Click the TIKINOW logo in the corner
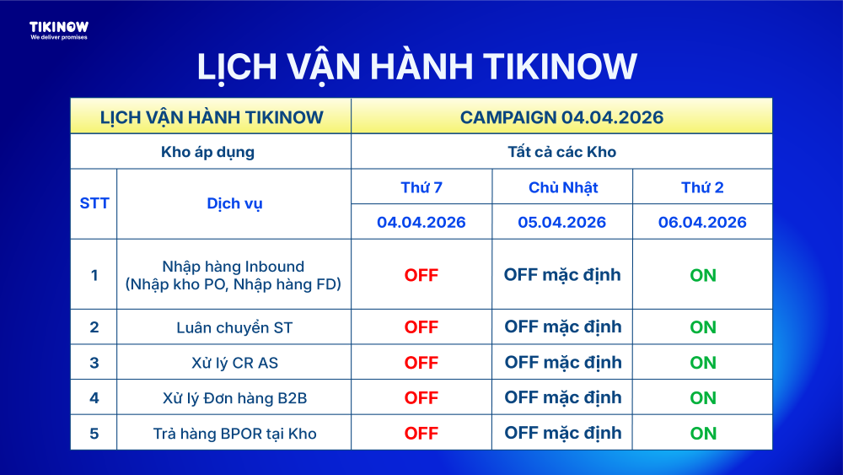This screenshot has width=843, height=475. pyautogui.click(x=59, y=30)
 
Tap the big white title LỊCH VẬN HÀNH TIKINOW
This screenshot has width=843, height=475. pyautogui.click(x=417, y=67)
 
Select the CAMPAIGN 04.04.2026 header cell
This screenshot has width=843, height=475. pyautogui.click(x=561, y=117)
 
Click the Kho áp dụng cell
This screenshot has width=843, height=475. pyautogui.click(x=207, y=152)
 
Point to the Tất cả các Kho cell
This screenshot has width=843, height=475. pyautogui.click(x=561, y=152)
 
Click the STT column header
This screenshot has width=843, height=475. pyautogui.click(x=94, y=203)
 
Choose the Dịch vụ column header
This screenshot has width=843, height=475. pyautogui.click(x=234, y=204)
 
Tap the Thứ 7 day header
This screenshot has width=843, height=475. pyautogui.click(x=421, y=187)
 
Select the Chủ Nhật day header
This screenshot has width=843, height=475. pyautogui.click(x=563, y=187)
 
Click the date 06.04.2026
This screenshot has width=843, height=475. pyautogui.click(x=702, y=222)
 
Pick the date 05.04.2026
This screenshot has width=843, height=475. pyautogui.click(x=561, y=222)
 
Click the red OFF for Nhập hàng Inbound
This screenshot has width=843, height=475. pyautogui.click(x=421, y=275)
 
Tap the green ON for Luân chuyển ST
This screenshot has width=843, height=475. pyautogui.click(x=703, y=327)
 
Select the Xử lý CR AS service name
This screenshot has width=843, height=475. pyautogui.click(x=234, y=363)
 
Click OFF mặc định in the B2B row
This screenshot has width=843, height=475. pyautogui.click(x=563, y=397)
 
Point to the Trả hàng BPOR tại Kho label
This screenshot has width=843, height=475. pyautogui.click(x=234, y=434)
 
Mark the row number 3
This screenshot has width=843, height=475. pyautogui.click(x=94, y=363)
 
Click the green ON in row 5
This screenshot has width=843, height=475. pyautogui.click(x=703, y=433)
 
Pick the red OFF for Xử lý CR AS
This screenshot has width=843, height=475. pyautogui.click(x=421, y=363)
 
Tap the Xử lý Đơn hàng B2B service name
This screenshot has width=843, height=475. pyautogui.click(x=234, y=398)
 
